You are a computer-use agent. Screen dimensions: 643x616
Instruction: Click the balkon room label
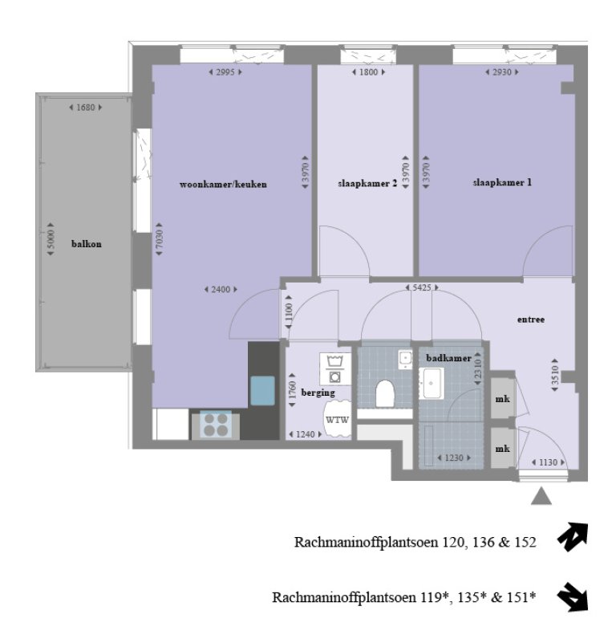86,243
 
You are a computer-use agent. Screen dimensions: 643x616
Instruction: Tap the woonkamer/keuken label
222,184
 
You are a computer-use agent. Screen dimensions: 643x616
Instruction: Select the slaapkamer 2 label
367,184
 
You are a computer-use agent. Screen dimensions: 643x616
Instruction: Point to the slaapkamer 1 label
502,182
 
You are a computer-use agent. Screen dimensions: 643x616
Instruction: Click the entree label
531,319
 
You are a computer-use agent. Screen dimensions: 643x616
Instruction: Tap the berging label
318,393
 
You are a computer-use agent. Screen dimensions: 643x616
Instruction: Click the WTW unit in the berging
336,420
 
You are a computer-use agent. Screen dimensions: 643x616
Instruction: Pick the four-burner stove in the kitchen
215,424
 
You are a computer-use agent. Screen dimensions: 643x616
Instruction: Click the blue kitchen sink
262,390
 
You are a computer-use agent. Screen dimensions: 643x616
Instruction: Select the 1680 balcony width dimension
86,107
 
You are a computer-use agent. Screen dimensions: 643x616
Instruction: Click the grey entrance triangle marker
542,497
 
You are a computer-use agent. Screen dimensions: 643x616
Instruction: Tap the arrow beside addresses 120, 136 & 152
574,537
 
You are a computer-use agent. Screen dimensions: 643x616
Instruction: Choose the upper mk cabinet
503,399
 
